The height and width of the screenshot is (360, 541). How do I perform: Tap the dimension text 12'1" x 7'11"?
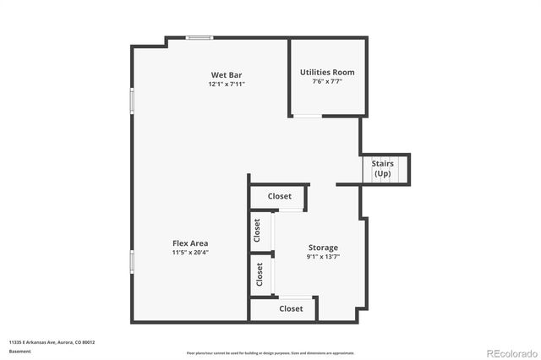coord(227,85)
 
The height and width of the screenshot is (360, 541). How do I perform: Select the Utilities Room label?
coord(327,72)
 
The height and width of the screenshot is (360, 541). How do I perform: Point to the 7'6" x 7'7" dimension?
coord(327,82)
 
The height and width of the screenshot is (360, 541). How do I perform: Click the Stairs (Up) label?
coord(382,168)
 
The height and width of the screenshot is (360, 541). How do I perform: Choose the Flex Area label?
coord(190,243)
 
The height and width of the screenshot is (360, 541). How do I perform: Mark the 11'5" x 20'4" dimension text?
coord(190,252)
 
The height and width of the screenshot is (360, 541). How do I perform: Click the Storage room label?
coord(322,247)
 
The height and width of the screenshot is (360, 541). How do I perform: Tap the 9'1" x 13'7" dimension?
coord(322,257)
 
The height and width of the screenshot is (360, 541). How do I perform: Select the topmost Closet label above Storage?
coord(279,196)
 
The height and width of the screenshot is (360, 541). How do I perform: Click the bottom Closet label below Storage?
coord(291,308)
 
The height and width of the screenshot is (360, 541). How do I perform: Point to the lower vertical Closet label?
coord(258,273)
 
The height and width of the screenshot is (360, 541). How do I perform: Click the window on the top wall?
coord(199,36)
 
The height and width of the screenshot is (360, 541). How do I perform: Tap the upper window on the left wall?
coord(131,101)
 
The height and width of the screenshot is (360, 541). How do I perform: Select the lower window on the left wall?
coord(131,262)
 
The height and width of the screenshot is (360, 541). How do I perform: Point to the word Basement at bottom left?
coord(19,350)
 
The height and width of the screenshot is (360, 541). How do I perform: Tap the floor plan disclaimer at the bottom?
coord(270,353)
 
